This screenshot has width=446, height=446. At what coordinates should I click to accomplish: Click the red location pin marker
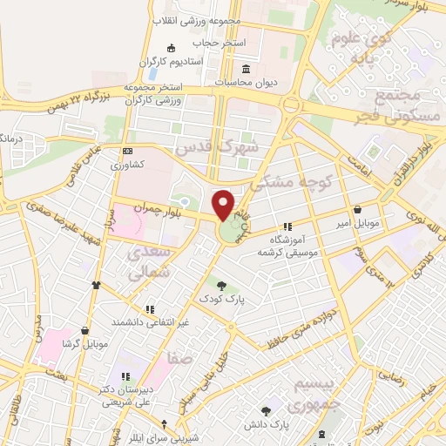224,205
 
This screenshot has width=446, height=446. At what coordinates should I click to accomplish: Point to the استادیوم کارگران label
172,62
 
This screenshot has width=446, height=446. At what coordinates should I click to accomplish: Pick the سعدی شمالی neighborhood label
146,263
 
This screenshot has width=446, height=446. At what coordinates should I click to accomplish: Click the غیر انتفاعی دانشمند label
150,322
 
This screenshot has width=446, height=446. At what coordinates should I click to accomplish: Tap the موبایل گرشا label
84,344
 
